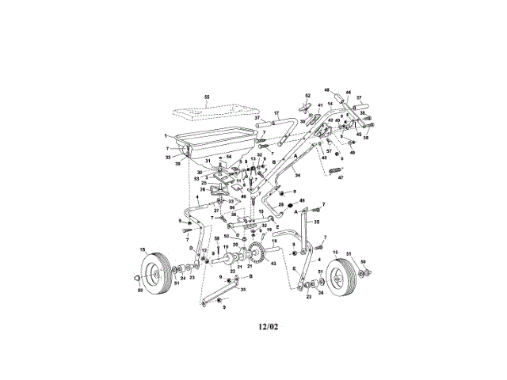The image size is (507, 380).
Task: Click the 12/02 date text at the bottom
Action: tap(269, 324)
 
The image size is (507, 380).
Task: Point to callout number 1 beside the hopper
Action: tap(166, 135)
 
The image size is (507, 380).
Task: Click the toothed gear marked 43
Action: tap(257, 255)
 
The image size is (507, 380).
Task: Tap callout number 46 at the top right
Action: tap(326, 91)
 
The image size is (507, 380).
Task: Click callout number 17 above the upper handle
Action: tap(276, 112)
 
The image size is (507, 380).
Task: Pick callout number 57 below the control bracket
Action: tap(328, 150)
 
